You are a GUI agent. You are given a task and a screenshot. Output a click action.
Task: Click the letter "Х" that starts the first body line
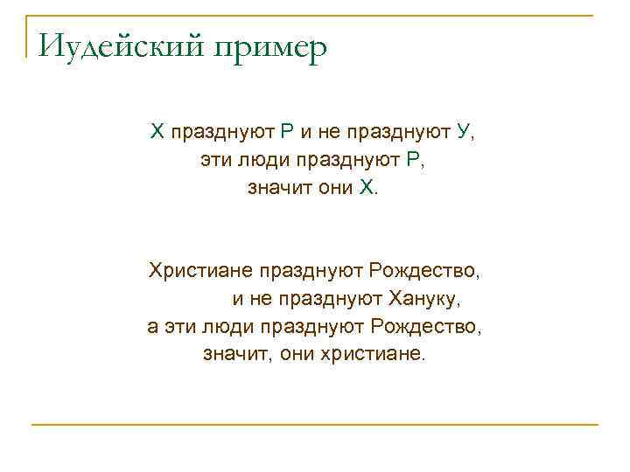157,133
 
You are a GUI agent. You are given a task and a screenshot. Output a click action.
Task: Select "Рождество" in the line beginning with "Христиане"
424,270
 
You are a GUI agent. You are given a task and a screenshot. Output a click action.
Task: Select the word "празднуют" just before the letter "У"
399,133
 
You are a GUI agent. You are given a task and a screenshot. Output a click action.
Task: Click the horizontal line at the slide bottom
315,425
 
